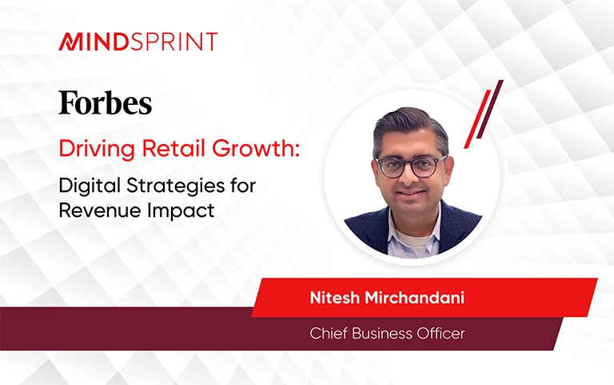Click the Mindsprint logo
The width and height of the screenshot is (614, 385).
pos(138,42)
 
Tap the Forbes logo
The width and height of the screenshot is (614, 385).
pos(106,102)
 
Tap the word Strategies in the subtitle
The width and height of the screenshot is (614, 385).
pos(175,186)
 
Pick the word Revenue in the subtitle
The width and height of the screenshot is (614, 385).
pos(100,211)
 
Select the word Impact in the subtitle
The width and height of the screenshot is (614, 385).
pos(181,211)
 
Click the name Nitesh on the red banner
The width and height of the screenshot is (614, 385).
pos(334,298)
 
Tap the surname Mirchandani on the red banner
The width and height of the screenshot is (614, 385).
pos(415,298)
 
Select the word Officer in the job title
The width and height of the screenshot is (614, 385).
pos(441,334)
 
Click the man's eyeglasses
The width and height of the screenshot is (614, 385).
pos(411,166)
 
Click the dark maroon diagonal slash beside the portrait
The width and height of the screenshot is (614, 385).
pos(489,109)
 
